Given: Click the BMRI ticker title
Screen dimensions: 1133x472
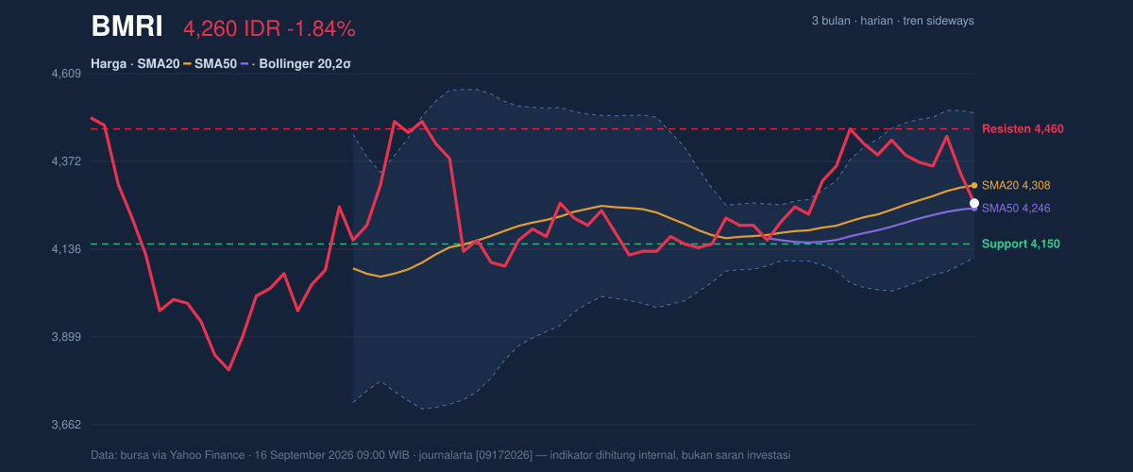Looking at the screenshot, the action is point(127,26).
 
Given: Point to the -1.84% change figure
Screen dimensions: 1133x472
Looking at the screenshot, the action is point(321,29).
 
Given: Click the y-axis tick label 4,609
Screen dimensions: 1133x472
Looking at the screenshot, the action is point(66,74).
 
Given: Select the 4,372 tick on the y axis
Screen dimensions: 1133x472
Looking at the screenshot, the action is point(66,161).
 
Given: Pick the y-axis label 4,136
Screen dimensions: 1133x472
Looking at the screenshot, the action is point(66,249).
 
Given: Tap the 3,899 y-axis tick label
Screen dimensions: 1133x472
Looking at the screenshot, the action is point(66,337).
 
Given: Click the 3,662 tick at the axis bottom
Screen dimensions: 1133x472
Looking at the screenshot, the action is point(66,425).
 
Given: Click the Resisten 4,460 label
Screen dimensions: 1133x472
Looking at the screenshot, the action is point(1023,129).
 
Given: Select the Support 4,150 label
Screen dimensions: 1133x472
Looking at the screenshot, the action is point(1021,244).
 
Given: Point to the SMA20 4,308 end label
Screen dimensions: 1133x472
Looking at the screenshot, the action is point(1016,185).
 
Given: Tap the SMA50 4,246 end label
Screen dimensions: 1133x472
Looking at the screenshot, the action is point(1016,208).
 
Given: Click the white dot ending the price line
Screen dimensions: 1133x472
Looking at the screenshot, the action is point(974,203).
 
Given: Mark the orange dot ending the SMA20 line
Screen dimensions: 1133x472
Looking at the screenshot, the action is point(974,185).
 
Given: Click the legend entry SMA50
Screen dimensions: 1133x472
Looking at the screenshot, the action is point(215,64).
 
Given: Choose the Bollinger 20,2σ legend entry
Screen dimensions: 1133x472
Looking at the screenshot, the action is point(305,64).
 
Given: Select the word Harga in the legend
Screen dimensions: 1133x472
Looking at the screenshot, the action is point(109,64).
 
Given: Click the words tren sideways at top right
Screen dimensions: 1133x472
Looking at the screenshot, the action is point(939,21).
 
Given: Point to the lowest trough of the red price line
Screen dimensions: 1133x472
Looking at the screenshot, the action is point(229,370).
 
